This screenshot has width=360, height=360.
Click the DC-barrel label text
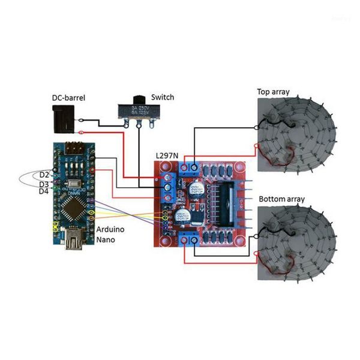coord(67,97)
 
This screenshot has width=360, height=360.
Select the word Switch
coord(163,97)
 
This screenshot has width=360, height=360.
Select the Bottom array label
coord(281,199)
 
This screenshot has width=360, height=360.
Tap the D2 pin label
coord(44,175)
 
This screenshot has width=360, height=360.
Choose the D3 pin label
coord(44,184)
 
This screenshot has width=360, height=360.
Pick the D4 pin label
coord(44,191)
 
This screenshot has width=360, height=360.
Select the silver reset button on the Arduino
coord(75,183)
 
